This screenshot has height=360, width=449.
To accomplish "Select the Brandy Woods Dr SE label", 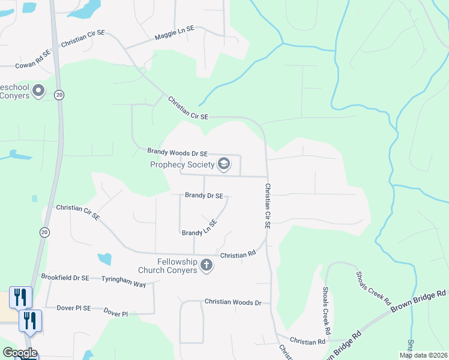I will point(178,153).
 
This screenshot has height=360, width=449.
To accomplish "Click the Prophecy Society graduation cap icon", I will point(223,164).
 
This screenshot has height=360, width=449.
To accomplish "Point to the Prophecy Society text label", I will point(182,164).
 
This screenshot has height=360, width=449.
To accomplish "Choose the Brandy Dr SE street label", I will point(204,196).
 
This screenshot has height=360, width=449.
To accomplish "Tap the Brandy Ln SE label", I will point(199,228).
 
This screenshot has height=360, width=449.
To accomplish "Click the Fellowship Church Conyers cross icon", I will point(206,265).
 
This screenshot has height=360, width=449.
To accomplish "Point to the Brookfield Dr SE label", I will point(65,278).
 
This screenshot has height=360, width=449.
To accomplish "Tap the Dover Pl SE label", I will point(74,308).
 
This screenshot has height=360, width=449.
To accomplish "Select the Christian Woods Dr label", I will point(233,302).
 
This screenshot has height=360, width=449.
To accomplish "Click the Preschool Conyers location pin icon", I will point(38,91).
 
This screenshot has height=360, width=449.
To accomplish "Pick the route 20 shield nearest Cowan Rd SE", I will point(59,95).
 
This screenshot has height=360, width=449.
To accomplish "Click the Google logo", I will point(19,353).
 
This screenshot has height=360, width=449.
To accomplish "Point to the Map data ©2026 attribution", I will point(423,355).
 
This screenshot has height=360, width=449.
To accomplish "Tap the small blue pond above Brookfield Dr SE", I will point(104,259).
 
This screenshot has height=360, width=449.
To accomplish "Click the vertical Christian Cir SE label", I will point(268,206).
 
